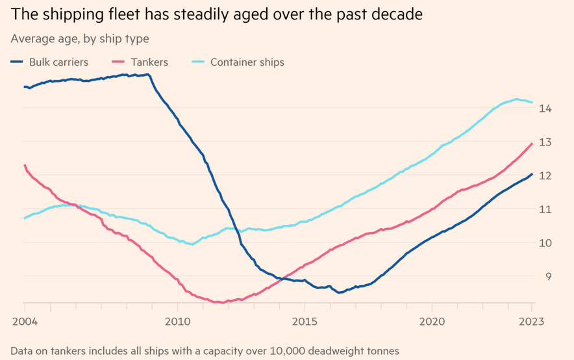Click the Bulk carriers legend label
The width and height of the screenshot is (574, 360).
coord(58,62)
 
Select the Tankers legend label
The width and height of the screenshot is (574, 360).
coord(149,62)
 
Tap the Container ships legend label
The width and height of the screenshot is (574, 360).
coord(247,62)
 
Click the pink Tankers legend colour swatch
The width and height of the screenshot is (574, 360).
coord(119,62)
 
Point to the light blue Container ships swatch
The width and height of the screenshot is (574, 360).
coord(198,62)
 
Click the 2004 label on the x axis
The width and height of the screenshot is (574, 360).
coord(24,321)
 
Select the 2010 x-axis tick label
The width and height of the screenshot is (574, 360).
coord(178,321)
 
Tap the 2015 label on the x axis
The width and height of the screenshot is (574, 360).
coord(305,321)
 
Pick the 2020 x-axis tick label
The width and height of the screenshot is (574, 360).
coord(432,321)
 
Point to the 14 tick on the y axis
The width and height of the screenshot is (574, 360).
coord(545,108)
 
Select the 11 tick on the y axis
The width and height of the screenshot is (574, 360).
coord(545,209)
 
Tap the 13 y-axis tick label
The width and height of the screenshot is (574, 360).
coord(545,142)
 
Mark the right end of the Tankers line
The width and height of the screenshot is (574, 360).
coord(532,144)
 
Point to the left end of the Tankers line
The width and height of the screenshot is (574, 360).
coord(24,165)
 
